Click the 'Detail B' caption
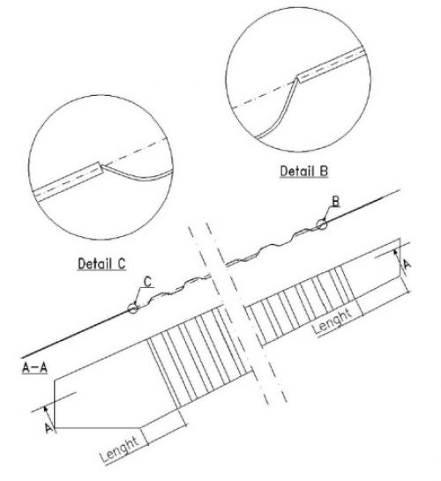pyautogui.click(x=304, y=171)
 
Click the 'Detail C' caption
pyautogui.click(x=101, y=263)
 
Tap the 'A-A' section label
pyautogui.click(x=34, y=367)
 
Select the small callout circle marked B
pyautogui.click(x=322, y=225)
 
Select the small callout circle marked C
pyautogui.click(x=132, y=308)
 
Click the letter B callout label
pyautogui.click(x=336, y=202)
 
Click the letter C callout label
pyautogui.click(x=148, y=282)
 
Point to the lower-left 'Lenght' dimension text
pyautogui.click(x=120, y=449)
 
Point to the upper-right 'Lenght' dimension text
pyautogui.click(x=333, y=321)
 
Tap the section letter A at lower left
pyautogui.click(x=49, y=428)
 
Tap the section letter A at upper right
pyautogui.click(x=407, y=264)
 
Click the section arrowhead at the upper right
pyautogui.click(x=396, y=253)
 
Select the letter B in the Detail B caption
pyautogui.click(x=324, y=171)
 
